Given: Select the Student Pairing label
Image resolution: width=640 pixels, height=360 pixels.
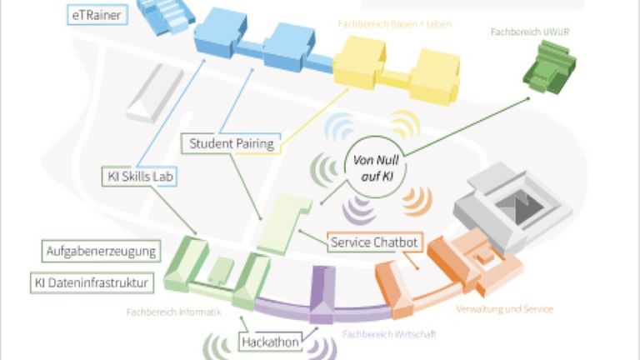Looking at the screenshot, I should point(231,143).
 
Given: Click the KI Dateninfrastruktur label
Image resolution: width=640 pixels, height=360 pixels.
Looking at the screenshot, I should point(92,282).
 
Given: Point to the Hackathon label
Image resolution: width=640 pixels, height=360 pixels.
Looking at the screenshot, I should point(271,342).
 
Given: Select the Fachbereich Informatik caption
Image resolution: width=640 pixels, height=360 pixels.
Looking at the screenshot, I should point(173,313).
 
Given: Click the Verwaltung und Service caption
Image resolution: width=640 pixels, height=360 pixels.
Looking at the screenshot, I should point(504,309).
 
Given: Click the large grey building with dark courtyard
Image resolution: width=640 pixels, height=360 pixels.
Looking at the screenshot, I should point(512,201).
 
